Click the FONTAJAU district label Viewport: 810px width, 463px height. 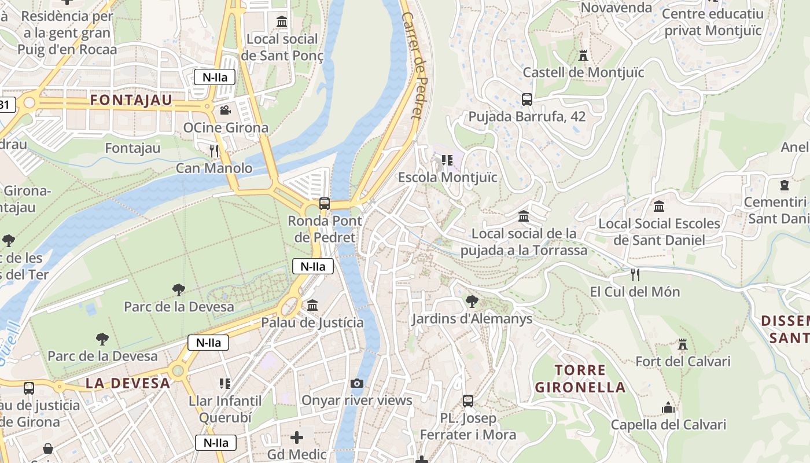tap(131, 100)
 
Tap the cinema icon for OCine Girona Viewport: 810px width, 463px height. tap(225, 110)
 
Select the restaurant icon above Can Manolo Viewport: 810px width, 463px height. tap(215, 151)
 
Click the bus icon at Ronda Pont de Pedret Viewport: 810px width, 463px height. tap(325, 204)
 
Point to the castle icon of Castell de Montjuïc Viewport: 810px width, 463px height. tap(583, 56)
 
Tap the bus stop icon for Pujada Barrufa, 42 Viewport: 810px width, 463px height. tap(526, 100)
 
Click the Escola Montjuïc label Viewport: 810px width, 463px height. tap(447, 177)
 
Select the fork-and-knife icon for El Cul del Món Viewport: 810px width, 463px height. tap(635, 274)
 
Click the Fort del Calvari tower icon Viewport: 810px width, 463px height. tap(683, 344)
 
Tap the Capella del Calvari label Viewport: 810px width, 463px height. tap(668, 425)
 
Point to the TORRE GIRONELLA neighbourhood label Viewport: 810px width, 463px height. tap(580, 379)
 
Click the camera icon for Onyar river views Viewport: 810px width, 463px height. tap(357, 383)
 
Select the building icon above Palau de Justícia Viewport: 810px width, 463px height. tap(312, 305)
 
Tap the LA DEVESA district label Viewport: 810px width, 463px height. tap(128, 383)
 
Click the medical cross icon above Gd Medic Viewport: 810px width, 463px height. tap(297, 438)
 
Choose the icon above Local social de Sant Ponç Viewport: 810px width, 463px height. tap(282, 22)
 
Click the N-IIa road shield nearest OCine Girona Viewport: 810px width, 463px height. tap(214, 77)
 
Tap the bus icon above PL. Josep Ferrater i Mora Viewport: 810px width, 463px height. tap(468, 400)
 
